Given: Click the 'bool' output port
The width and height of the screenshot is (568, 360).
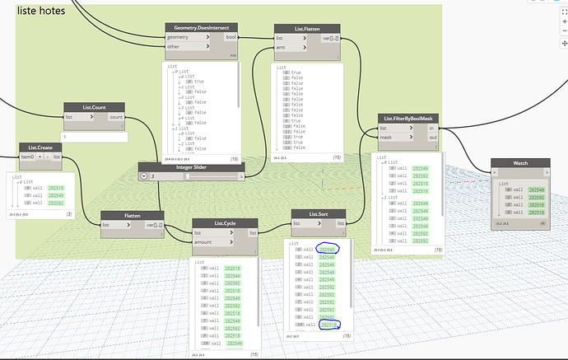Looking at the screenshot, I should click(230, 38).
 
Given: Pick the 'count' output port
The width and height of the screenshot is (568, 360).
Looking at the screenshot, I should click(118, 118).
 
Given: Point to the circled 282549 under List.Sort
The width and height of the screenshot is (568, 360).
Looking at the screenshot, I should click(328, 248).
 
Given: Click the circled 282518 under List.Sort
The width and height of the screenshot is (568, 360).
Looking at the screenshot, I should click(328, 325).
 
